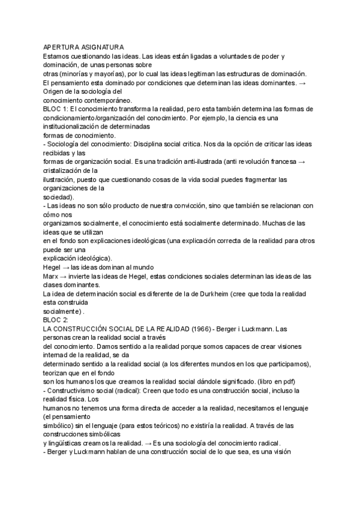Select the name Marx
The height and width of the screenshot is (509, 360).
pos(52,277)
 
